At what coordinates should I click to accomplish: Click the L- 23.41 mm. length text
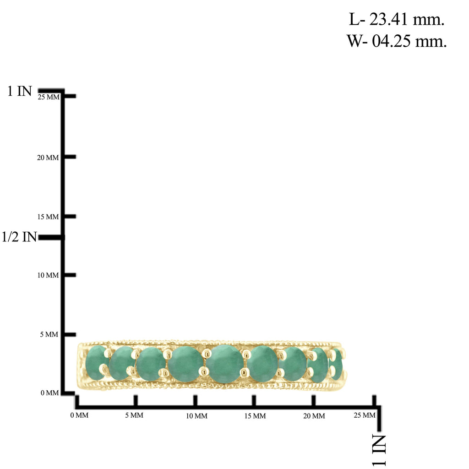click(x=397, y=19)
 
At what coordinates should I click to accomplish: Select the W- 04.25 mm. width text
click(x=397, y=41)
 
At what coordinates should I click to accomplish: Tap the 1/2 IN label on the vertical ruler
click(x=19, y=237)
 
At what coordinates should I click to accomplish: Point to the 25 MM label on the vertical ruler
click(x=49, y=97)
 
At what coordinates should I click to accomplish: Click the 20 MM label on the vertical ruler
click(x=48, y=158)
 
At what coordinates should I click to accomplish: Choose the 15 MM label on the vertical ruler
click(x=48, y=217)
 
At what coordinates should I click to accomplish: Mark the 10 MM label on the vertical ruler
click(x=48, y=275)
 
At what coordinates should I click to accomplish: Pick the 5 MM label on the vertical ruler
click(x=49, y=334)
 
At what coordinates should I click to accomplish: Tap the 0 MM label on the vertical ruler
click(x=50, y=393)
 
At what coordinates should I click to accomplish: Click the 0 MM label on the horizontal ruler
click(x=79, y=415)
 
